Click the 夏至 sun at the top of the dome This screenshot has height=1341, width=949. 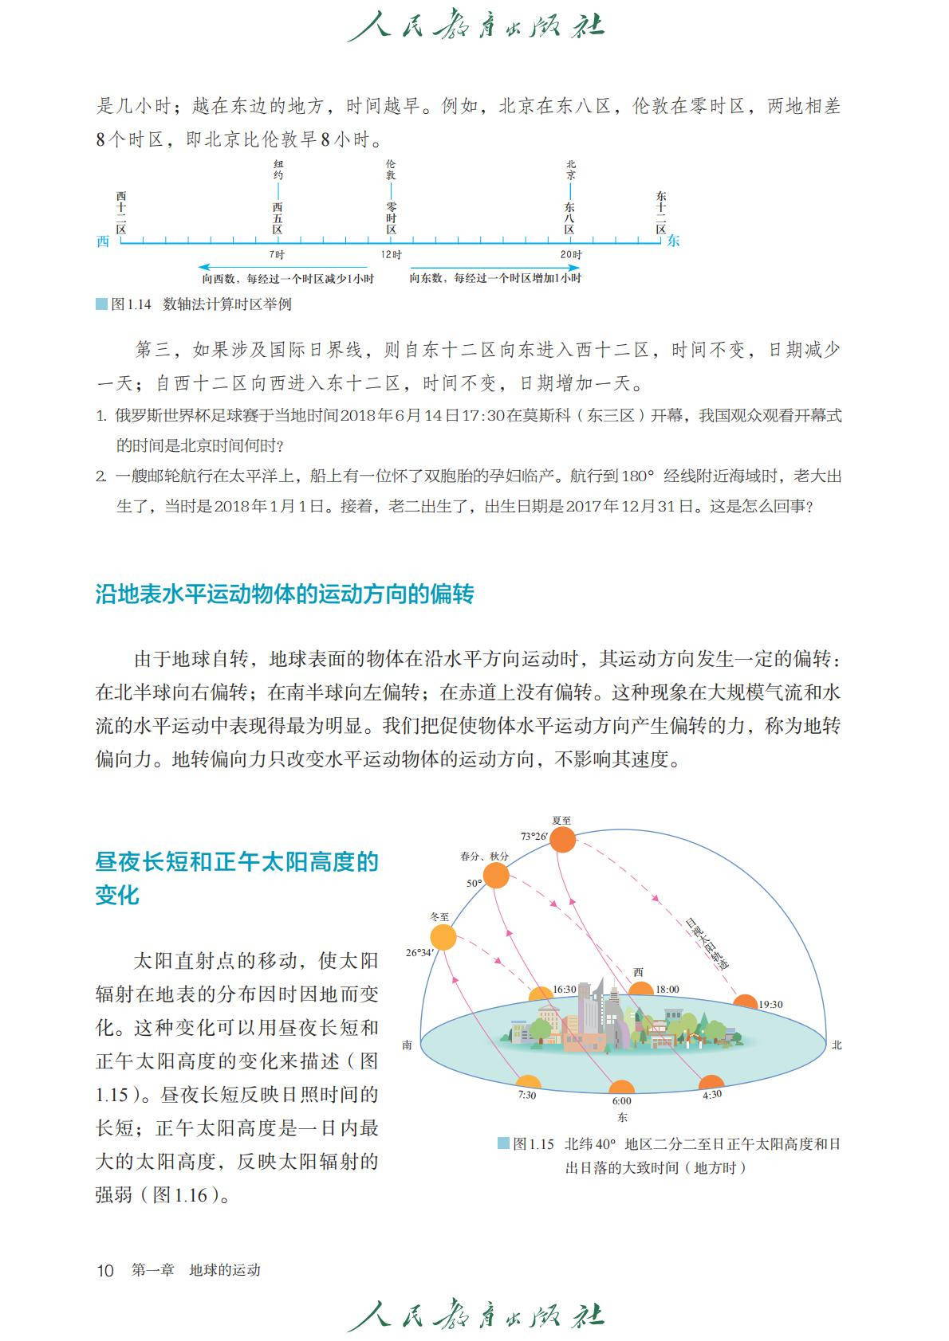pyautogui.click(x=563, y=840)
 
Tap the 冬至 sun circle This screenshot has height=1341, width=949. pyautogui.click(x=443, y=937)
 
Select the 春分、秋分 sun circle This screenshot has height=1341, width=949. pyautogui.click(x=496, y=876)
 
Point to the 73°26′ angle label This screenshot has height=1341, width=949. pyautogui.click(x=534, y=837)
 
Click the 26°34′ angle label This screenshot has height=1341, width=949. pyautogui.click(x=419, y=952)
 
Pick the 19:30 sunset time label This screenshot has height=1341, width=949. pyautogui.click(x=770, y=1005)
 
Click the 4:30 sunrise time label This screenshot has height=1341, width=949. pyautogui.click(x=711, y=1094)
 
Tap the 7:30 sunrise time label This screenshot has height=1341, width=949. pyautogui.click(x=527, y=1096)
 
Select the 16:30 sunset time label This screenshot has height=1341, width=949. pyautogui.click(x=564, y=990)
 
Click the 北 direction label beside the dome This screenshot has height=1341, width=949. pyautogui.click(x=837, y=1045)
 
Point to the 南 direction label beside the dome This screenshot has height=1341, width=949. pyautogui.click(x=408, y=1045)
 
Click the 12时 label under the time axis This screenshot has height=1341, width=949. pyautogui.click(x=391, y=254)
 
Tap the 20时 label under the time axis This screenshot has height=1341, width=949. pyautogui.click(x=570, y=254)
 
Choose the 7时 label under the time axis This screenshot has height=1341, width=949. pyautogui.click(x=277, y=254)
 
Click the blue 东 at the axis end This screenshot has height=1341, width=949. pyautogui.click(x=674, y=241)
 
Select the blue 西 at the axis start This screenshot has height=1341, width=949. pyautogui.click(x=103, y=241)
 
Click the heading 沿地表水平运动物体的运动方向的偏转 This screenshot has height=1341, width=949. pyautogui.click(x=285, y=594)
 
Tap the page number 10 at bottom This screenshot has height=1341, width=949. pyautogui.click(x=105, y=1270)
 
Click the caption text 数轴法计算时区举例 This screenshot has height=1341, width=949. pyautogui.click(x=227, y=304)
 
